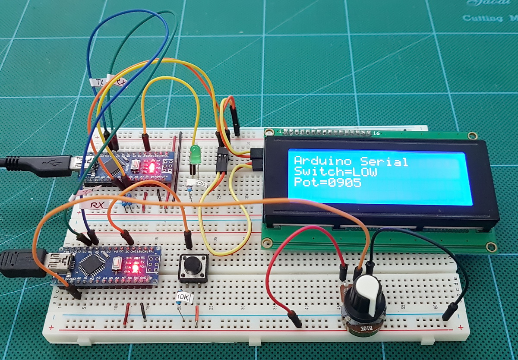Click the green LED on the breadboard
click(195, 154)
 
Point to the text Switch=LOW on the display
click(335, 172)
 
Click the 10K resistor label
click(184, 297)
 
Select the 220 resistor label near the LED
click(199, 184)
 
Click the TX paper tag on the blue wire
click(100, 82)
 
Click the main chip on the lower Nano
click(92, 263)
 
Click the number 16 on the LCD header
click(376, 133)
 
